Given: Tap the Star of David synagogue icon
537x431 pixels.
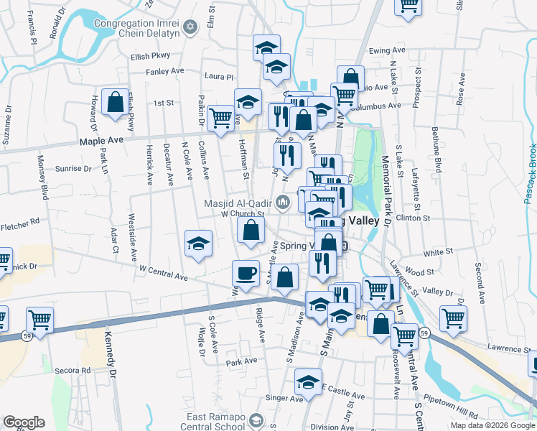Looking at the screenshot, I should pos(190,27).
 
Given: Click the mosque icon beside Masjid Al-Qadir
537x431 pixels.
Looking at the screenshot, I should pos(283,203).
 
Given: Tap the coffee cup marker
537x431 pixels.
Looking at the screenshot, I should pos(246,274).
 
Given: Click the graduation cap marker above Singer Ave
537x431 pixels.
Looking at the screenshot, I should pos(308,382).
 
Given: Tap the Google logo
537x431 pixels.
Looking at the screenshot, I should pos(24,422).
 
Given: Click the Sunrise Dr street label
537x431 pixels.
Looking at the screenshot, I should pos(73,170).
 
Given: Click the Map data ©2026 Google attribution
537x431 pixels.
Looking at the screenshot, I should pos(491,425).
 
